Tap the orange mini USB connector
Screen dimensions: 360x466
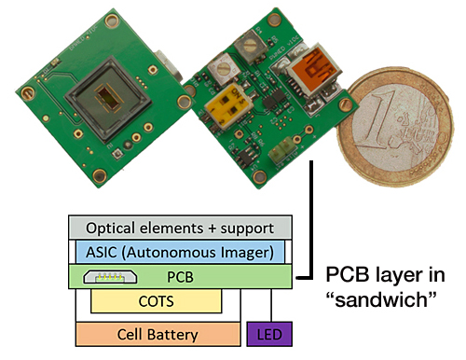coord(314,71)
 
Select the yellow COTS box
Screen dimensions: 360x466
coord(156,301)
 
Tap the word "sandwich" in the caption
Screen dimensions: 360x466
coord(379,300)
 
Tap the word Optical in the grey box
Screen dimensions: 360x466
coord(116,228)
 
